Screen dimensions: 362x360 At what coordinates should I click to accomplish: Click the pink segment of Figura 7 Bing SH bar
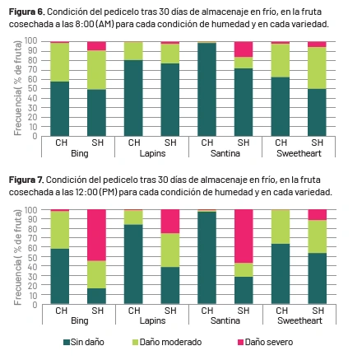(x=96, y=235)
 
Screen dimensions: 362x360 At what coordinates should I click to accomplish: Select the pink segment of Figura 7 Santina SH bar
(x=244, y=236)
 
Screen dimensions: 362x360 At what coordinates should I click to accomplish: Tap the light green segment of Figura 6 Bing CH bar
(x=60, y=63)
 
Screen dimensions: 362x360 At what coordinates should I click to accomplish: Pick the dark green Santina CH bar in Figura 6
(x=207, y=90)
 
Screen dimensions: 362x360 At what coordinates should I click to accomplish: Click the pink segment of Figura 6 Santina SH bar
(x=244, y=49)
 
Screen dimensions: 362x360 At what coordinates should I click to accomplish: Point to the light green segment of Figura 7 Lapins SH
(x=170, y=250)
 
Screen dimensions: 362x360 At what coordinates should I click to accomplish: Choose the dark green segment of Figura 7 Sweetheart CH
(x=281, y=274)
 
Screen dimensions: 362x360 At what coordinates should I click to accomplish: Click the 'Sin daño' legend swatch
(x=67, y=342)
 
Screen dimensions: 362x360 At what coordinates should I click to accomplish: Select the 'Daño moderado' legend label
(x=170, y=342)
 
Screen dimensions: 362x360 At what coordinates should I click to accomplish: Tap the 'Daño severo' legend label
(x=269, y=342)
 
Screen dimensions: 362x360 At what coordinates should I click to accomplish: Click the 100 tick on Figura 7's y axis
(x=30, y=210)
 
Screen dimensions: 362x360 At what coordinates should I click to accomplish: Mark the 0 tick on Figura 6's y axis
(x=35, y=136)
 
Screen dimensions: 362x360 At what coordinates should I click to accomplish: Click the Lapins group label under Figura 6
(x=152, y=153)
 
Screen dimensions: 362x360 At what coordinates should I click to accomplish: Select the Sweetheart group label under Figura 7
(x=299, y=320)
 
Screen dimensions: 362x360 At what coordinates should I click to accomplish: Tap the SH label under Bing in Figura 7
(x=97, y=311)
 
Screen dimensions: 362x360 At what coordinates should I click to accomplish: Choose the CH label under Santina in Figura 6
(x=207, y=143)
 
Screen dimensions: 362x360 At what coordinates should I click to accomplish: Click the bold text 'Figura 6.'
(x=26, y=12)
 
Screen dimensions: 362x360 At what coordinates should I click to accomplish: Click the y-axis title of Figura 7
(x=18, y=258)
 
